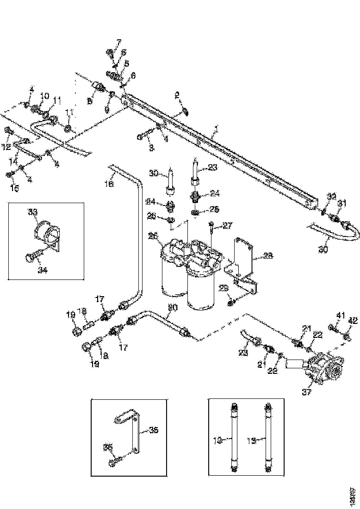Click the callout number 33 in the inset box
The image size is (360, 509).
tap(33, 211)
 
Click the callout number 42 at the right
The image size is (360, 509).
tap(353, 320)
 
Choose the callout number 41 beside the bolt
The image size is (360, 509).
tap(341, 316)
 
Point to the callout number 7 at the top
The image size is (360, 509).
tap(118, 43)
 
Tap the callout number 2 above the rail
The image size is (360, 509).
tap(177, 95)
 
